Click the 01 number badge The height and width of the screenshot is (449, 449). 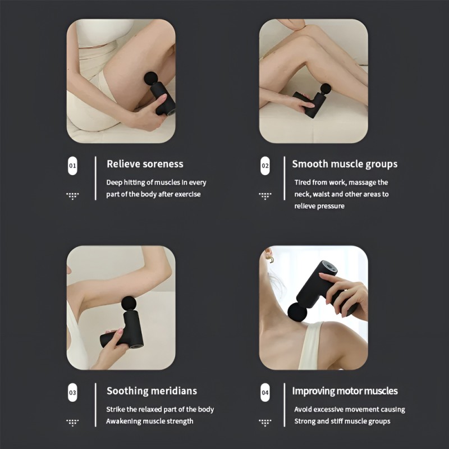coord(72,166)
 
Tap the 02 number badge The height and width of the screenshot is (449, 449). coord(265,166)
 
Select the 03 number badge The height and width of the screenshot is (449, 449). coord(72,393)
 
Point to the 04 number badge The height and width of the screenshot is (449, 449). coord(265,393)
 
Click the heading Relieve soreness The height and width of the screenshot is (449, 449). coord(145,164)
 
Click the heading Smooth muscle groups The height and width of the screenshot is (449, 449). coord(345,164)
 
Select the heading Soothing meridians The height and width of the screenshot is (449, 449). coord(152,391)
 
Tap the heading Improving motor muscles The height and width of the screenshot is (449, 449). coord(345,391)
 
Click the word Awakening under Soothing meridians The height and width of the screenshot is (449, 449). coord(124,421)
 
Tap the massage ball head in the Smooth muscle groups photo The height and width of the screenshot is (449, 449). coord(325,88)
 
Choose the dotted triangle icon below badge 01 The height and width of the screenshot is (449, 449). coord(72,195)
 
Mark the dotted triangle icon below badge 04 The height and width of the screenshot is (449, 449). coord(265,422)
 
